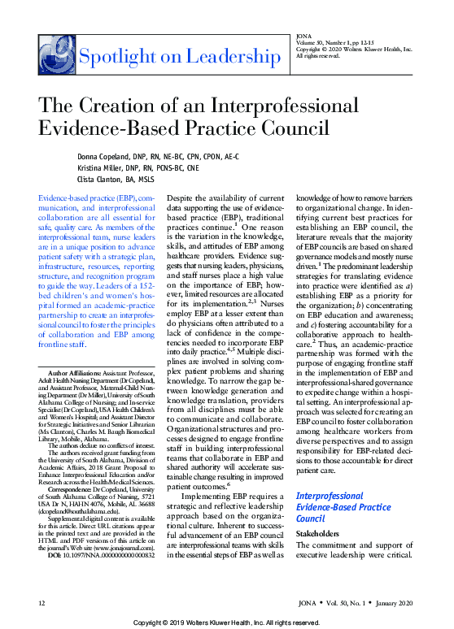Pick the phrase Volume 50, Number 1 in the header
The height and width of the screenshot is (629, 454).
(321, 43)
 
